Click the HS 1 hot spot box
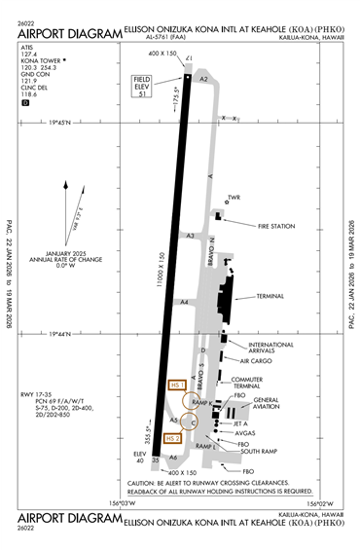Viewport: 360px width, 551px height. [x=176, y=386]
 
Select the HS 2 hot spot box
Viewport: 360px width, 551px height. [x=176, y=438]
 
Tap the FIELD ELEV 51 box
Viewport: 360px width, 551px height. [x=143, y=86]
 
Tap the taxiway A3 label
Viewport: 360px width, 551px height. [x=191, y=236]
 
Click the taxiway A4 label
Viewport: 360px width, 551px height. [x=184, y=303]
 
